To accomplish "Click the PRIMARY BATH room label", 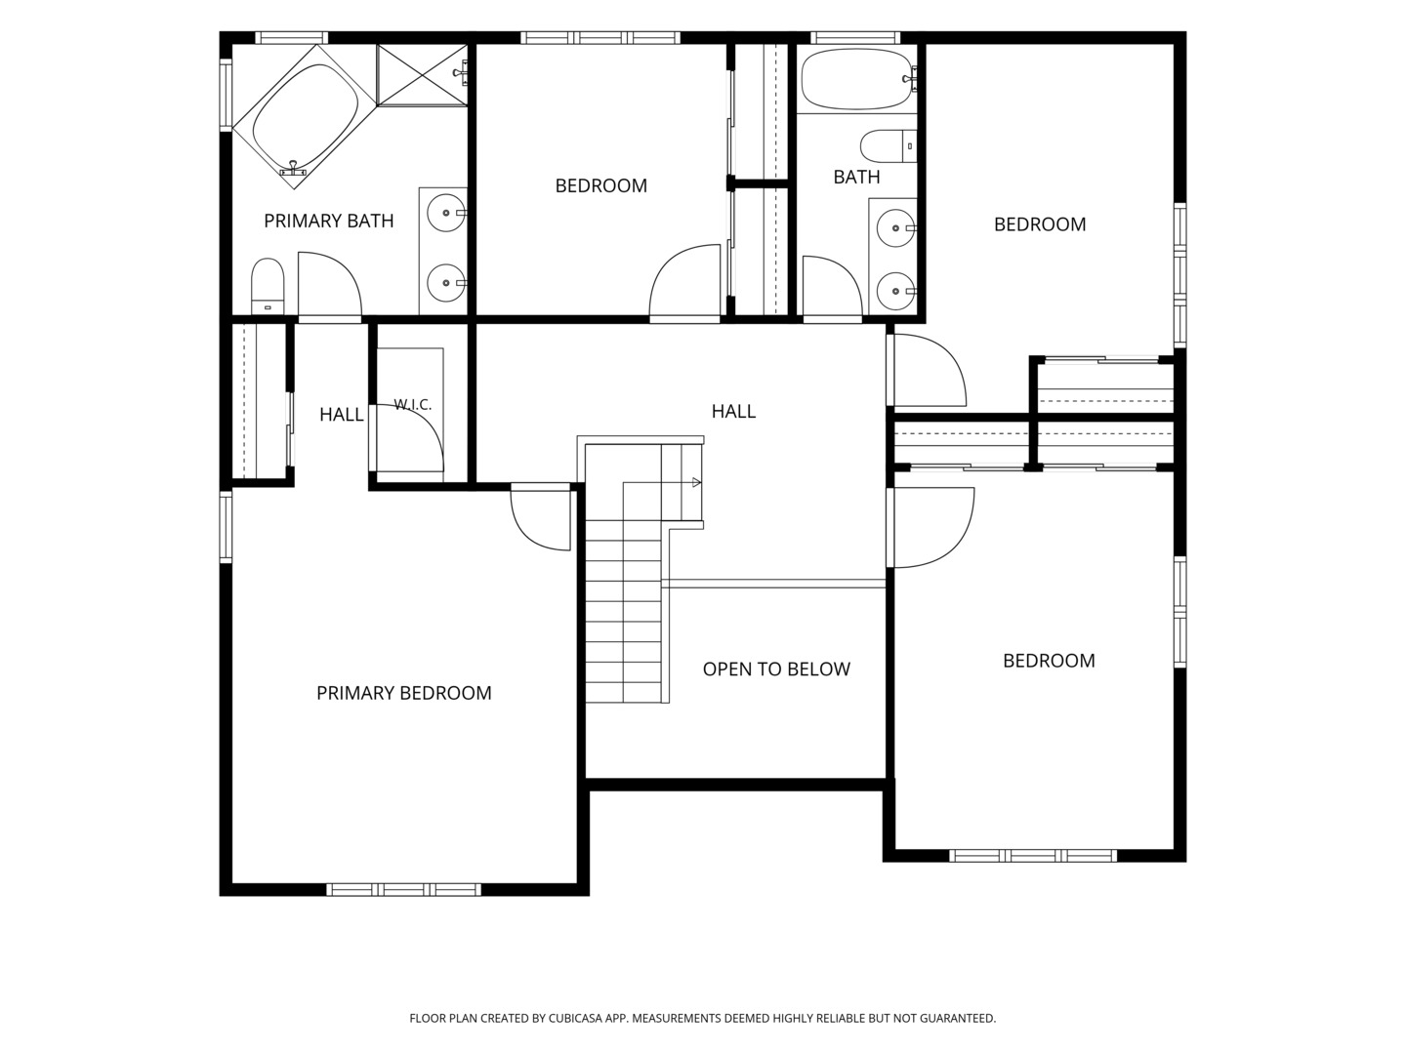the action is [x=329, y=221].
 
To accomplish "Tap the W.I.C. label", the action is [x=412, y=404].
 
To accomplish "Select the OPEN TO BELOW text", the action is [x=776, y=669].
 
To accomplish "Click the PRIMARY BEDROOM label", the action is [x=404, y=693].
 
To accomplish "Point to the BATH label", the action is [x=856, y=177].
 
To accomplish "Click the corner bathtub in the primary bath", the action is [x=304, y=116].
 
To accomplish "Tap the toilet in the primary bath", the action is [x=268, y=286].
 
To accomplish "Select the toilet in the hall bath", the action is [x=889, y=146].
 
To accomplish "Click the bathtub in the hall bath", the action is [x=858, y=79].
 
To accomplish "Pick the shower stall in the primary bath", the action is [x=422, y=75].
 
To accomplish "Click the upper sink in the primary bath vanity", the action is [x=446, y=212].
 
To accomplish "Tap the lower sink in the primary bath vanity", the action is [x=446, y=282].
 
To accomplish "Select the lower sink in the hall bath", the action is [x=895, y=291].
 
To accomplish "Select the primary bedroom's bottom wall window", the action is [x=403, y=889].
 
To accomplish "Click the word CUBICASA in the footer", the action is [x=576, y=1018].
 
